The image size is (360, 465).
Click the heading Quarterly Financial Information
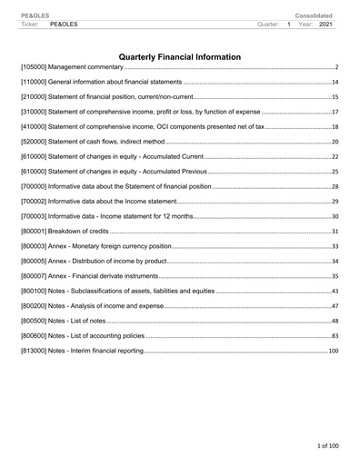180,57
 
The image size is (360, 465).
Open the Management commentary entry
73,68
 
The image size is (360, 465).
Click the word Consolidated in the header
314,15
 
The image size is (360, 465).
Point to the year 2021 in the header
325,24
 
